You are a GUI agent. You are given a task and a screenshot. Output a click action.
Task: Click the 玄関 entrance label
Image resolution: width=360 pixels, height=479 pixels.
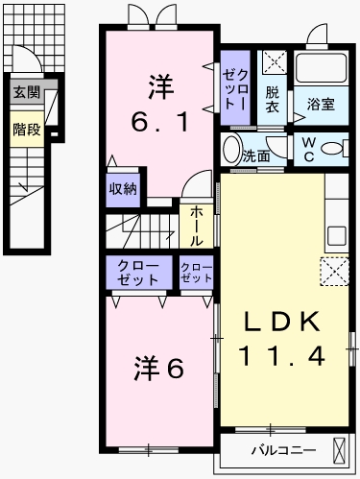coord(27,92)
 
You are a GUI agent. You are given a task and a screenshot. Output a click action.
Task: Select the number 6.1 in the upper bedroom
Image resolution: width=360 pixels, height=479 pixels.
coord(158,123)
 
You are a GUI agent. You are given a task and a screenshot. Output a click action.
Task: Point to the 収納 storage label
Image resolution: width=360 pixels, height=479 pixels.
coord(122,187)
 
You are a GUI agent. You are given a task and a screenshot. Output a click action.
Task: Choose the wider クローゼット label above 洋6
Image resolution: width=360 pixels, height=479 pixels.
coord(138,272)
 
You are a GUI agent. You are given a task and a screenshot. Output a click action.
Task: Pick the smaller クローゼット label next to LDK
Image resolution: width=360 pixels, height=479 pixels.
coord(196,272)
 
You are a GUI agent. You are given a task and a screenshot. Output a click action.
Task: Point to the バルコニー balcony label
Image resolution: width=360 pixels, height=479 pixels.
coord(278,449)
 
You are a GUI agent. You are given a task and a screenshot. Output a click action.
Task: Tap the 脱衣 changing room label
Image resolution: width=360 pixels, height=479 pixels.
coord(274,100)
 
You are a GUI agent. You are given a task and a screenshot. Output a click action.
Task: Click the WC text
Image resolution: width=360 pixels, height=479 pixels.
coord(309,150)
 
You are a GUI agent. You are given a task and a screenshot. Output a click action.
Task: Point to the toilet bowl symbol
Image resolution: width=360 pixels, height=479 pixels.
coord(334,149)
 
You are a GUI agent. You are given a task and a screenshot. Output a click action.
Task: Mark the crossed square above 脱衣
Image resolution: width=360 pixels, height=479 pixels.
coord(275,64)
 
